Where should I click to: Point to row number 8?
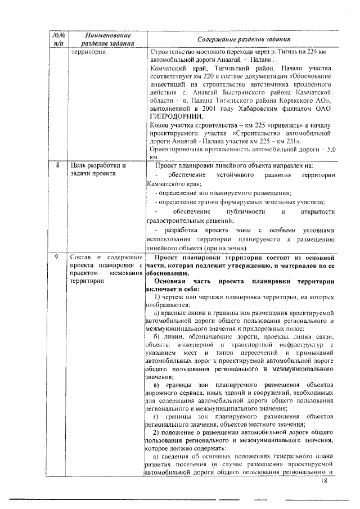[58, 166]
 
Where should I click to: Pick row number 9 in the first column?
[58, 256]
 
